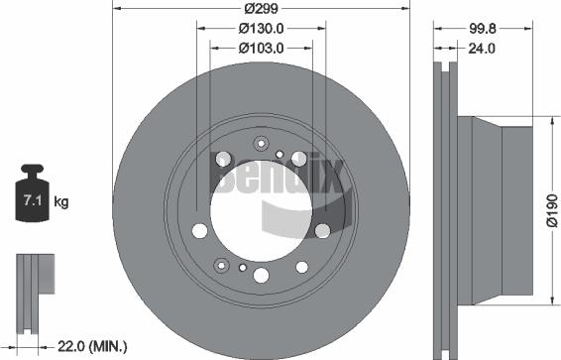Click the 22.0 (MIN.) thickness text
93,346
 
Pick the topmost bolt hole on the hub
261,142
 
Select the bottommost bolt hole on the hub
262,277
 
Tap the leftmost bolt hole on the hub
200,231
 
